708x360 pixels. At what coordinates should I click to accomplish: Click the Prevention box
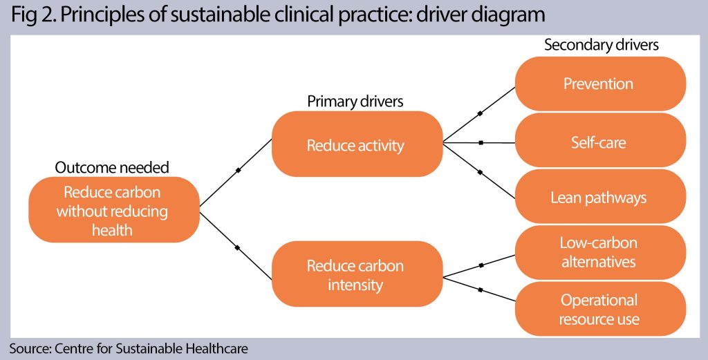[599, 84]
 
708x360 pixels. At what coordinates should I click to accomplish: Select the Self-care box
[599, 143]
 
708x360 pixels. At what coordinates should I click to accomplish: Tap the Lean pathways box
[599, 198]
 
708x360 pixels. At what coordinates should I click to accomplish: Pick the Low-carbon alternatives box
[599, 252]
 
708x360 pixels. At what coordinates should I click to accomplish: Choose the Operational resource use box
[599, 310]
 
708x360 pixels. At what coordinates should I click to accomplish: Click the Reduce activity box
[356, 145]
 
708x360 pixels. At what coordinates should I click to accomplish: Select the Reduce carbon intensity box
[356, 275]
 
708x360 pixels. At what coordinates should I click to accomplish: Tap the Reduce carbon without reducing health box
[112, 210]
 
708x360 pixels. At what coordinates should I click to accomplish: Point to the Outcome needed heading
[112, 168]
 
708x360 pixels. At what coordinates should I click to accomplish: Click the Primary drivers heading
[355, 102]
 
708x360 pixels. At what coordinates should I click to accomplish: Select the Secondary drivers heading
[602, 46]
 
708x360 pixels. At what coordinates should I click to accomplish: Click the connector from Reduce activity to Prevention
[480, 113]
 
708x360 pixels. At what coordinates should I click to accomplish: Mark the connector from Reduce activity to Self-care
[480, 143]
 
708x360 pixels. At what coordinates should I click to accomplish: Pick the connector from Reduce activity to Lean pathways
[480, 171]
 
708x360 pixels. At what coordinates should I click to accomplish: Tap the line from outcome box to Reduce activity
[237, 170]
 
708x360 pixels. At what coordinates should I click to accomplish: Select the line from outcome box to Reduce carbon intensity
[237, 247]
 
